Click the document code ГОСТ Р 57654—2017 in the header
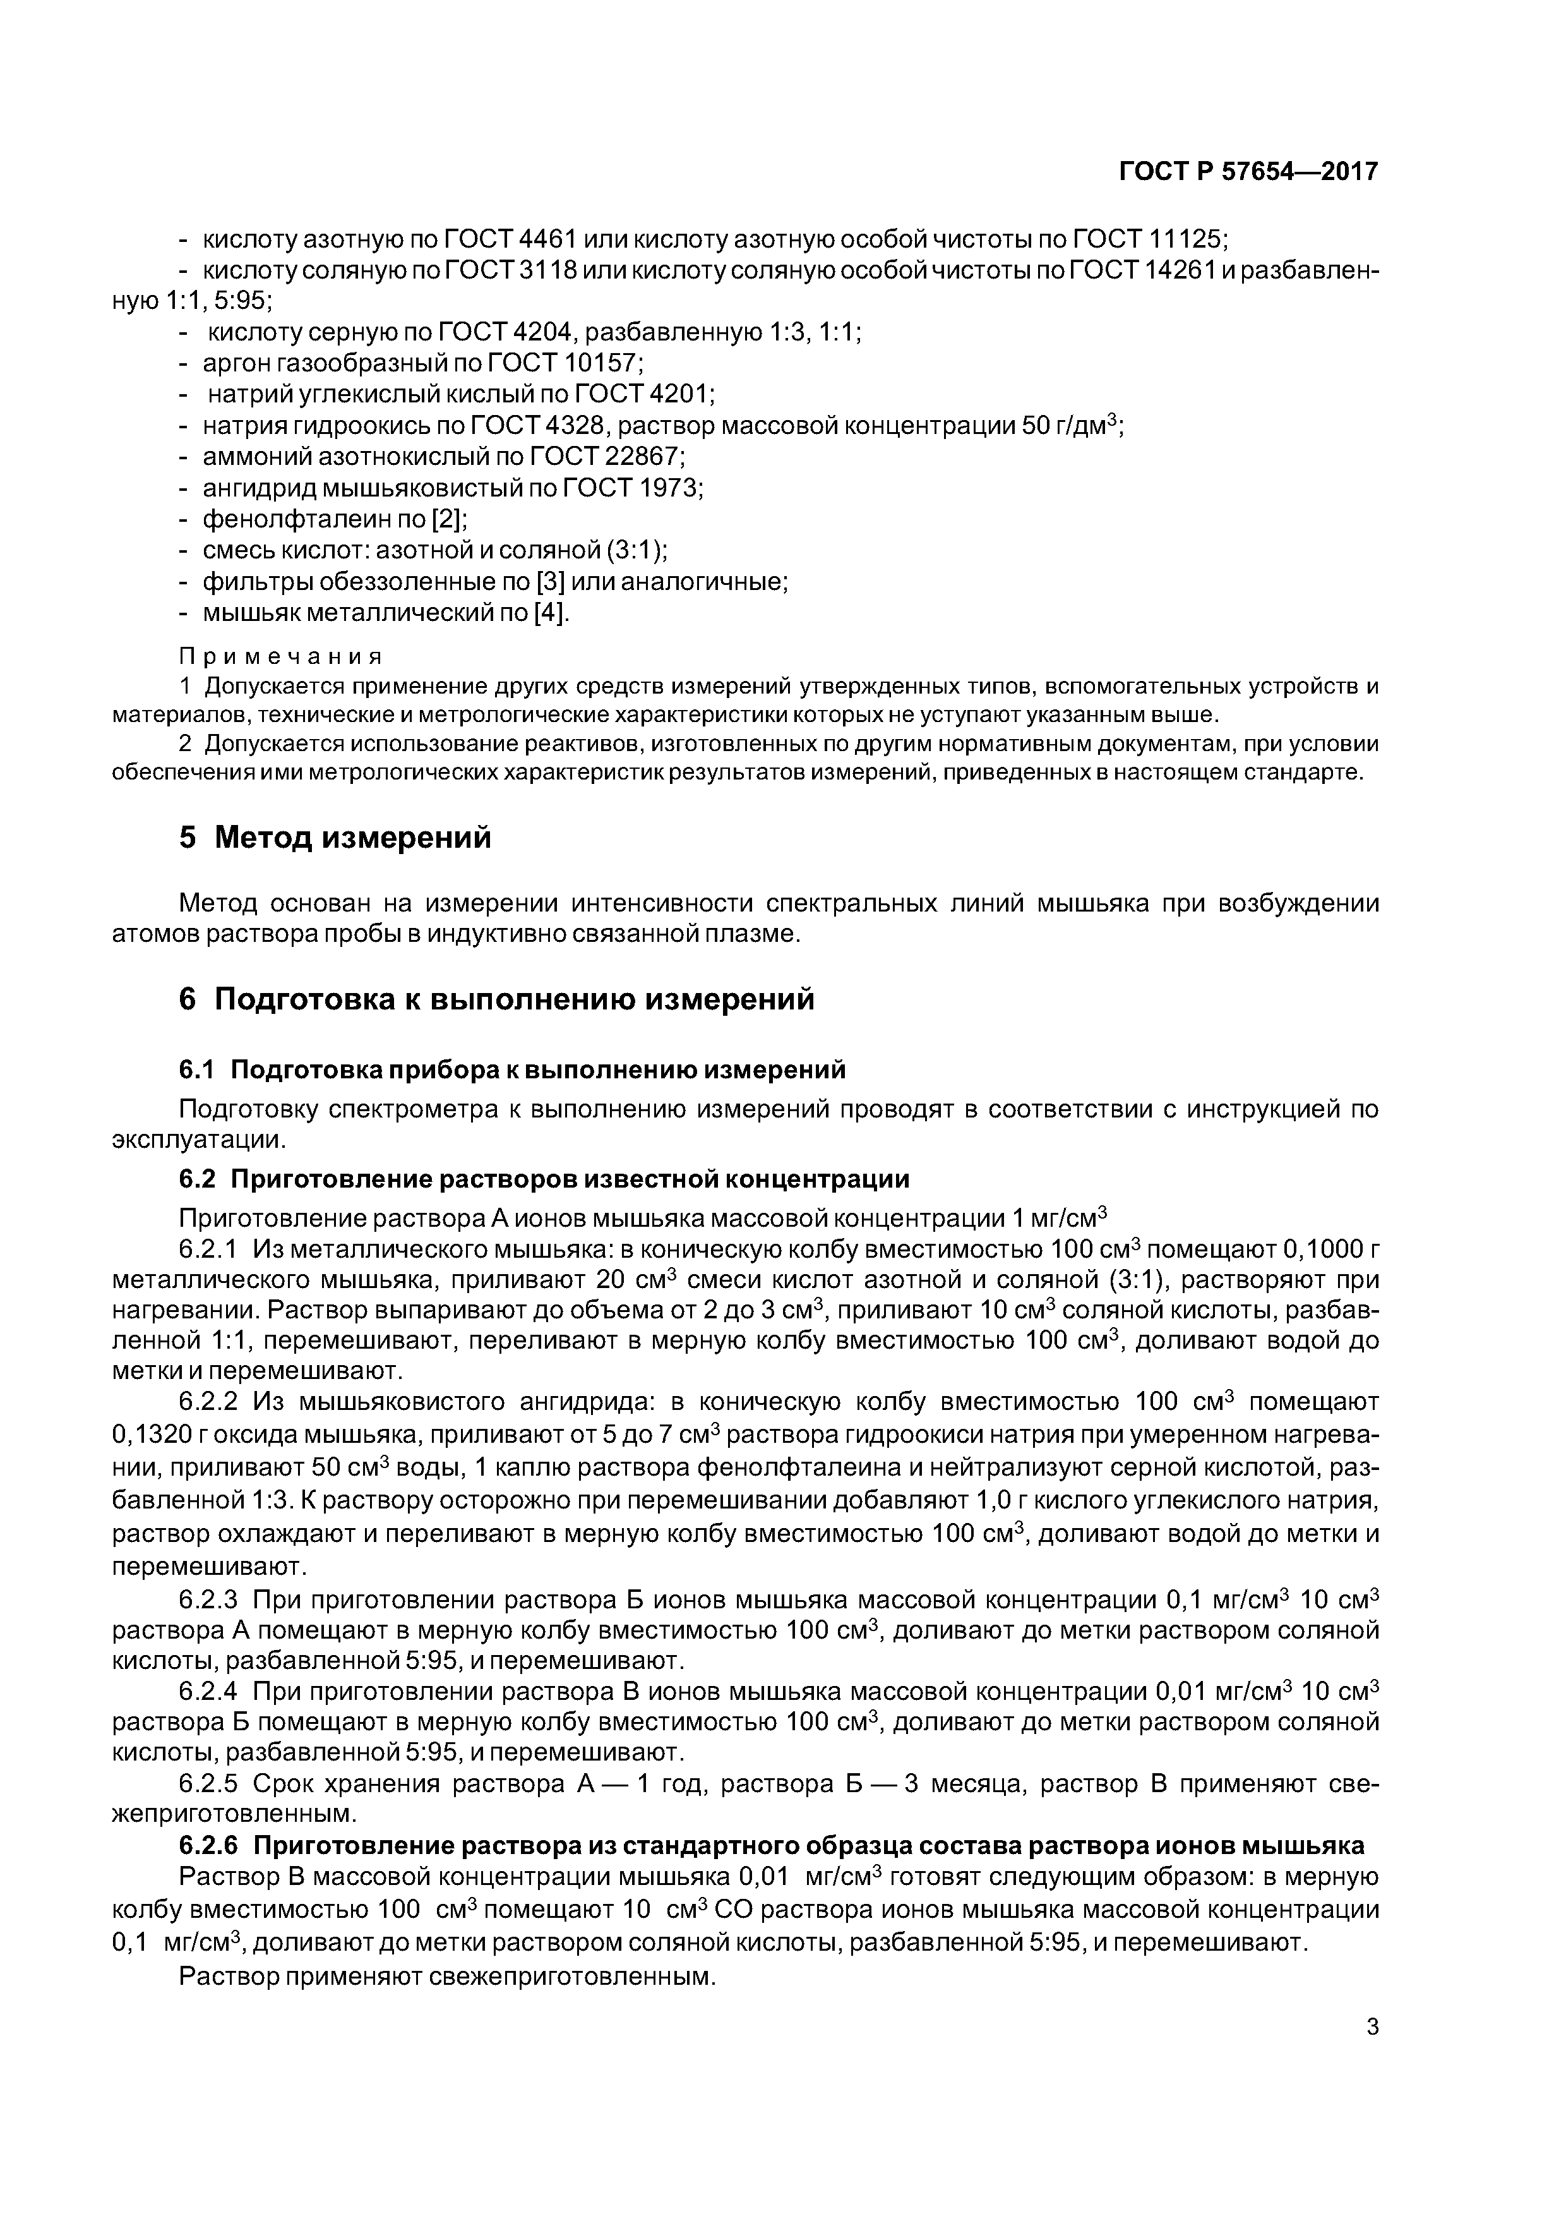[1248, 172]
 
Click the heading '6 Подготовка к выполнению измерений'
[496, 999]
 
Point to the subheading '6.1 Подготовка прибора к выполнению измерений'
[511, 1069]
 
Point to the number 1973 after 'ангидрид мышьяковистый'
[667, 488]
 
